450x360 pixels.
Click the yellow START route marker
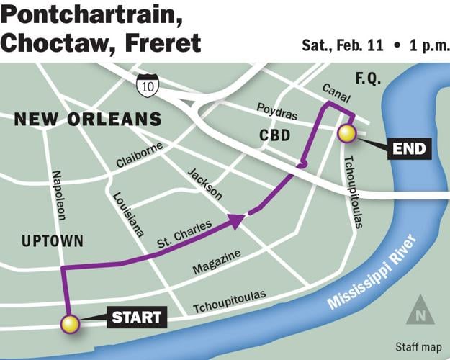coord(70,324)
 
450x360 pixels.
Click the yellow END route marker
coord(346,133)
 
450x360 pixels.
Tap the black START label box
coord(137,316)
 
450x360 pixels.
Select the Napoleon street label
coord(60,196)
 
